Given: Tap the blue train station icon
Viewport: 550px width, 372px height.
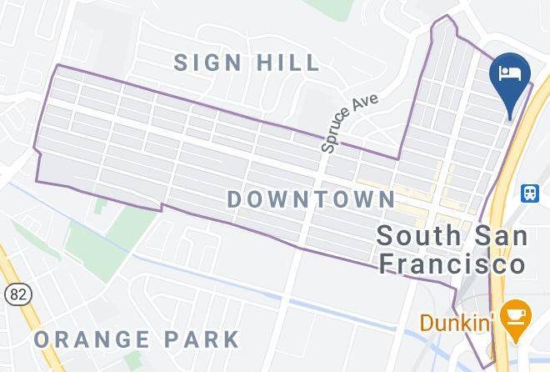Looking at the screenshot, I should point(529,194).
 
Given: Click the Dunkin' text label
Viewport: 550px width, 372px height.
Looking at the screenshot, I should point(457,322).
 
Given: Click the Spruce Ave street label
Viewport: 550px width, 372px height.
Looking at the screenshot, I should point(350,122).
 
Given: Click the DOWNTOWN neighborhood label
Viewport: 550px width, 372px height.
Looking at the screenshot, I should point(312,199).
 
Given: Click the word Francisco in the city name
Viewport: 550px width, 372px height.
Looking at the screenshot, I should point(452,264).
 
